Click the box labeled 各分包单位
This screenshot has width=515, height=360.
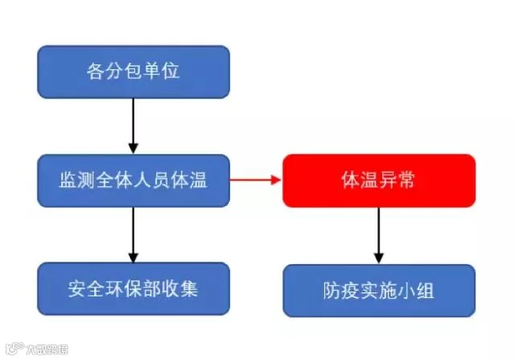point(133,71)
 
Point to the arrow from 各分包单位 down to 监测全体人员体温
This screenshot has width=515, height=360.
point(133,125)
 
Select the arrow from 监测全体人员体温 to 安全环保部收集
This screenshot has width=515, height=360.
point(133,234)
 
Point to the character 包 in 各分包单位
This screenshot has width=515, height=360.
point(133,71)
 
